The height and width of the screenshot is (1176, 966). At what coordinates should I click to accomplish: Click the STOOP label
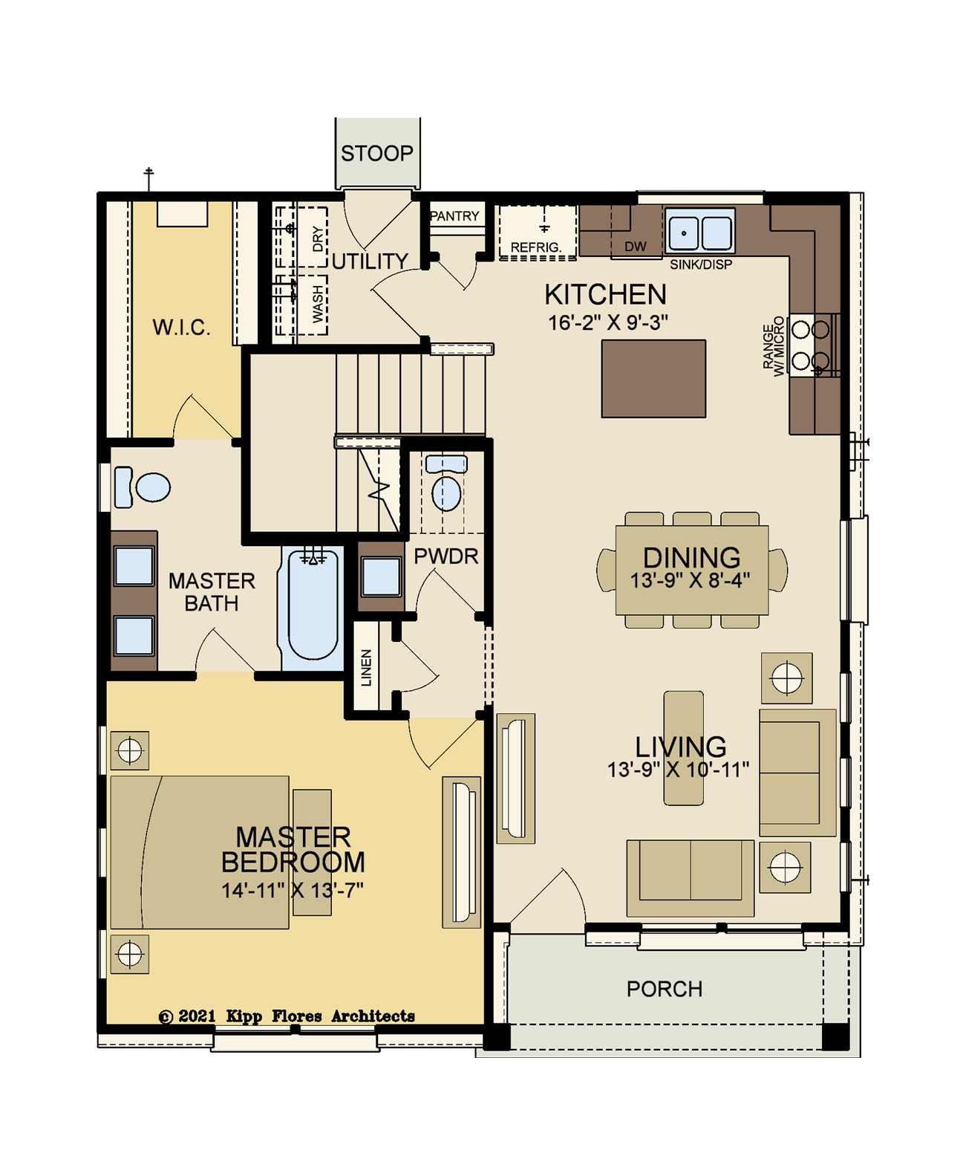[x=376, y=153]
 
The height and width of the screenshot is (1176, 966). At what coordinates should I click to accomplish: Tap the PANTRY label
[x=455, y=215]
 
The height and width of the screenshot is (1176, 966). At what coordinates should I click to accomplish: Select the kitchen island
[x=653, y=379]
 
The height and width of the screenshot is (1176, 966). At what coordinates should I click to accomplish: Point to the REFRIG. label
[x=535, y=247]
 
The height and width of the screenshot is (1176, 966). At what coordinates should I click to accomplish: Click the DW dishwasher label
[x=636, y=247]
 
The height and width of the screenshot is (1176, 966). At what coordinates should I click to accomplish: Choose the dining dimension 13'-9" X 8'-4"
[x=690, y=580]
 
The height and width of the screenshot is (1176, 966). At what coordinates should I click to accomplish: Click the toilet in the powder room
[x=446, y=483]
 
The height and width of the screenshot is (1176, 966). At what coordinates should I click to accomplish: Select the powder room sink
[x=381, y=576]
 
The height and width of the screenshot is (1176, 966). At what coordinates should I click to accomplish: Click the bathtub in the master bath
[x=312, y=603]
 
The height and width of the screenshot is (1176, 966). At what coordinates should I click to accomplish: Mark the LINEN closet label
[x=366, y=668]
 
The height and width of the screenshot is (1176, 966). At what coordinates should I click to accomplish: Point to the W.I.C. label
[x=182, y=328]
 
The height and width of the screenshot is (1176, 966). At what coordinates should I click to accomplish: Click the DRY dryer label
[x=318, y=238]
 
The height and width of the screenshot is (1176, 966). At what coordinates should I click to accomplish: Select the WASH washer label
[x=318, y=304]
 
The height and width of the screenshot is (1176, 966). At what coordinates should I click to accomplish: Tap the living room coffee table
[x=683, y=748]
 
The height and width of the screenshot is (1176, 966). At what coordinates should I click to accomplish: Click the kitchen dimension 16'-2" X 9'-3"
[x=607, y=322]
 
